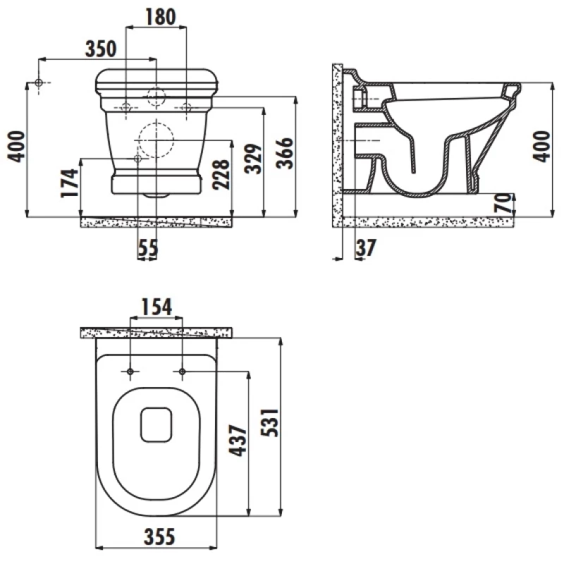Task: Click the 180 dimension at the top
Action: (x=161, y=17)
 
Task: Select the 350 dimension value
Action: (x=101, y=49)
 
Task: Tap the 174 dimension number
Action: (x=69, y=183)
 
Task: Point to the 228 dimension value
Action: (x=221, y=174)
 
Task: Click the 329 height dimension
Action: (x=253, y=159)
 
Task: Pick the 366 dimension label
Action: (x=285, y=153)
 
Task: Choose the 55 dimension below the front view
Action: (x=148, y=248)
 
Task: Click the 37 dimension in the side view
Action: (x=366, y=247)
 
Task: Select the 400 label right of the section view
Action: (x=542, y=147)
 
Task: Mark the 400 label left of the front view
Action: (x=16, y=147)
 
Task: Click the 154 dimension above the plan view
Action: (x=157, y=307)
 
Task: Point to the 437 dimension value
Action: (x=238, y=441)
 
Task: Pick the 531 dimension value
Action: (x=270, y=422)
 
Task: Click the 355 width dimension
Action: (x=159, y=537)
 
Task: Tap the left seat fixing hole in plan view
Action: (x=130, y=372)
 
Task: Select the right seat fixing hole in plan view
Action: (x=182, y=372)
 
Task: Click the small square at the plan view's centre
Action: (x=156, y=425)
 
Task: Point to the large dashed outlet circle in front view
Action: (x=156, y=140)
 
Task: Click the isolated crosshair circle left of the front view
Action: (x=39, y=82)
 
